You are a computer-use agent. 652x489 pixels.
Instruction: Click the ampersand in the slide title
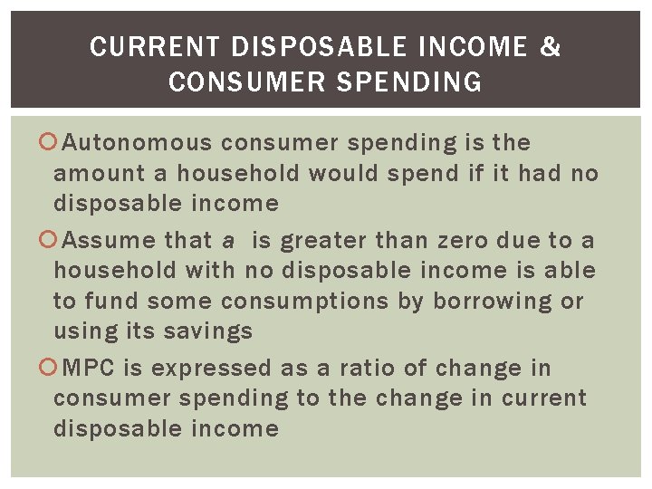[x=551, y=46]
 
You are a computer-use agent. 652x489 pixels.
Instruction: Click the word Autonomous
[x=139, y=143]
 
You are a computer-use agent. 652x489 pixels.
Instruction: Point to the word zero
[x=463, y=241]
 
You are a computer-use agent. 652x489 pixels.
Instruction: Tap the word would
[x=343, y=173]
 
